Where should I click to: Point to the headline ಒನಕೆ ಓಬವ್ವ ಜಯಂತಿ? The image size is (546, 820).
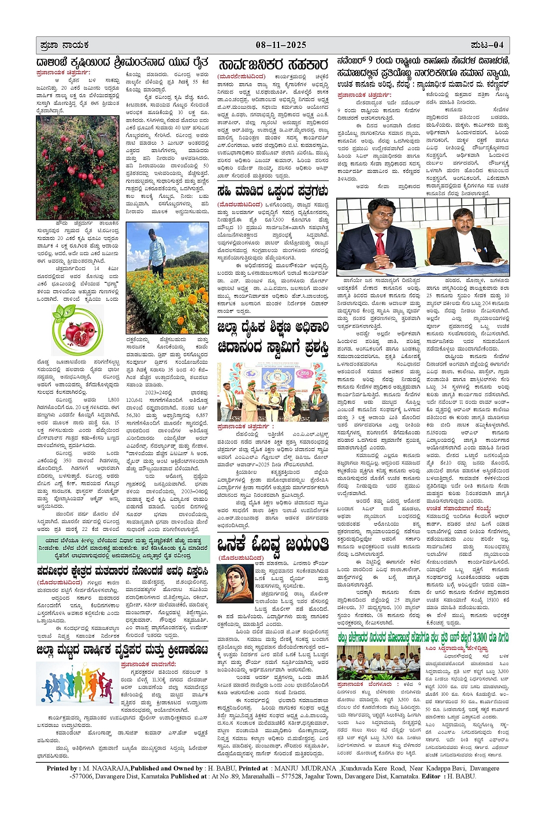coord(273,545)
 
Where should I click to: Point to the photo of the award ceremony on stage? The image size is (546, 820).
coord(273,391)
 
